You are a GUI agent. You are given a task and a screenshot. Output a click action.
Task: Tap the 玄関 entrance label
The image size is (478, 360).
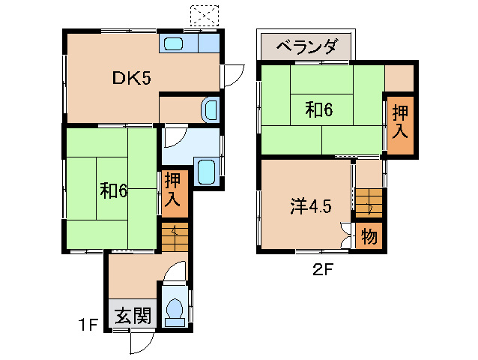point(133,316)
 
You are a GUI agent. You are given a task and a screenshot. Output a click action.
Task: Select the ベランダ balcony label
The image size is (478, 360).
point(306,47)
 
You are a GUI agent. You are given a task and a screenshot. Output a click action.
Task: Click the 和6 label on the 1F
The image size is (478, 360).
point(114,190)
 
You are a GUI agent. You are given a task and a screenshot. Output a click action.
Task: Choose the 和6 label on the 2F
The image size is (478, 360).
point(318,109)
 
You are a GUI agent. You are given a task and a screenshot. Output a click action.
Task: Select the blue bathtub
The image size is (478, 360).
point(205,171)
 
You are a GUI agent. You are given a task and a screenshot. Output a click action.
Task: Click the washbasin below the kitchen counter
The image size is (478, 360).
point(211,109)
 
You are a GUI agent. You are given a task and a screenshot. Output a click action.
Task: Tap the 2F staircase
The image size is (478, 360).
point(369,202)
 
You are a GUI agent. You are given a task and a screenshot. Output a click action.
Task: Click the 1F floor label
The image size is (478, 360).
point(89,325)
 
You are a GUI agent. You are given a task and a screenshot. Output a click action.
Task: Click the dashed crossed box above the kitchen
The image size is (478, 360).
point(204,15)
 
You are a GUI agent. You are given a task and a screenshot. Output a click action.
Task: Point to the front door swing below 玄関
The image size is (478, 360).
point(140,341)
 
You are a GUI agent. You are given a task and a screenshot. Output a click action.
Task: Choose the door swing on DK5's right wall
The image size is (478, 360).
point(233,75)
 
